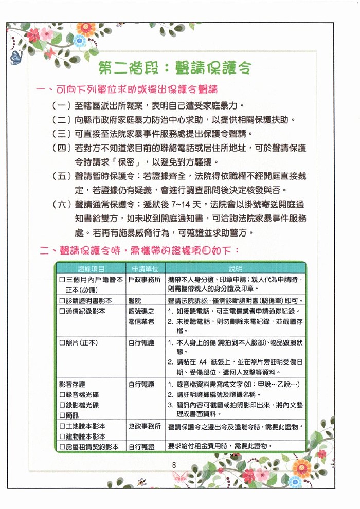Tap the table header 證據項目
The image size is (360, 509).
coord(92,269)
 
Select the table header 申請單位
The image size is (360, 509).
coord(145,269)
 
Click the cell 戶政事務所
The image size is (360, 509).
coord(145,279)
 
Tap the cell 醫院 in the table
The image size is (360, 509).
coord(135,300)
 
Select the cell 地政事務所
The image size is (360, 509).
coord(145,426)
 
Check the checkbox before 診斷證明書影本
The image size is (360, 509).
coord(62,300)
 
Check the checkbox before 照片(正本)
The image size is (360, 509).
coord(62,342)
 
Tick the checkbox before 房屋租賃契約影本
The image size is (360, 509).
coord(62,447)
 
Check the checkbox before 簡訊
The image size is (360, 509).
coord(62,415)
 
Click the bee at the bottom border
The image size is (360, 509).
coord(141,481)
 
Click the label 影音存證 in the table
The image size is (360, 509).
coord(73,384)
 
